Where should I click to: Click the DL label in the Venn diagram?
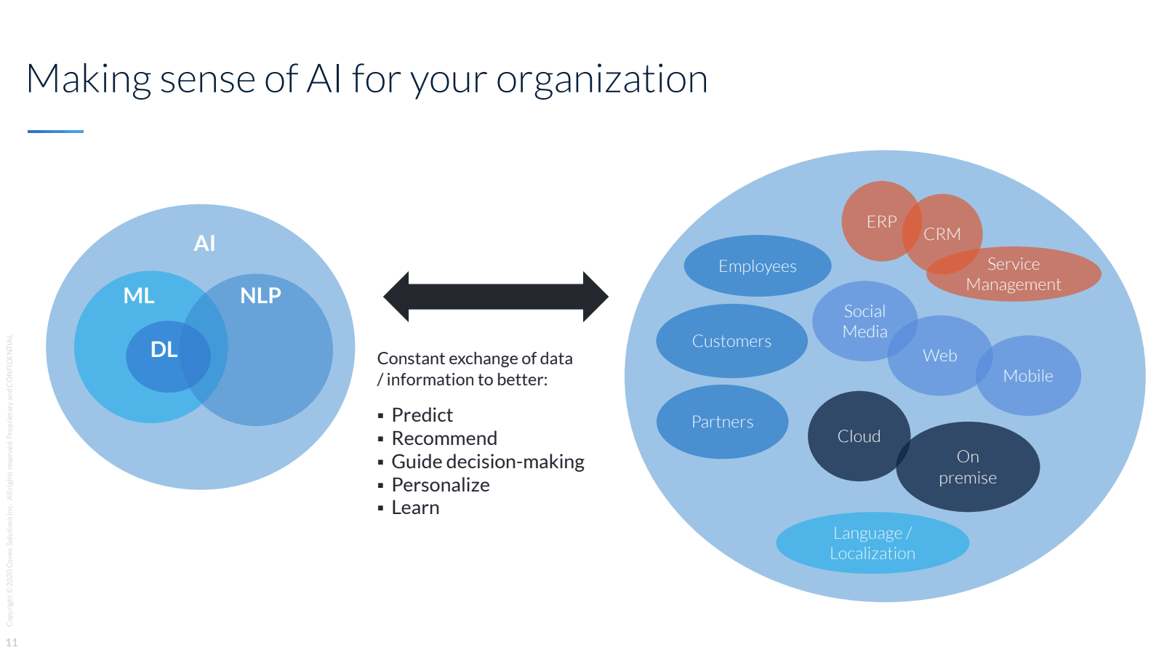point(164,350)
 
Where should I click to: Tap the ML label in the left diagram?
point(139,295)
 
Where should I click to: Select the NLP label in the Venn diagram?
point(260,295)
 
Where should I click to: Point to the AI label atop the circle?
point(204,243)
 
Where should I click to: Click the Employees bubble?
point(757,266)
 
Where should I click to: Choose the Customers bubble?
point(731,341)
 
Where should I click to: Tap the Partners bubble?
point(722,422)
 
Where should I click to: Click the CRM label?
point(942,234)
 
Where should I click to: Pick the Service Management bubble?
point(1014,274)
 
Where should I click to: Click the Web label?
point(940,356)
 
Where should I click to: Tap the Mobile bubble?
point(1028,376)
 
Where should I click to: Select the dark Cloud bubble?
point(859,436)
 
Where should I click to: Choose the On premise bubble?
point(968,467)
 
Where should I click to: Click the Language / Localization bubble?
point(873,543)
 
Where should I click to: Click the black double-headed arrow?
point(496,297)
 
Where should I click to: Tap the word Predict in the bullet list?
point(422,415)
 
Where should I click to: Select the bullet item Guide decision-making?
point(488,462)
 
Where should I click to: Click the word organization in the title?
point(602,79)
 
